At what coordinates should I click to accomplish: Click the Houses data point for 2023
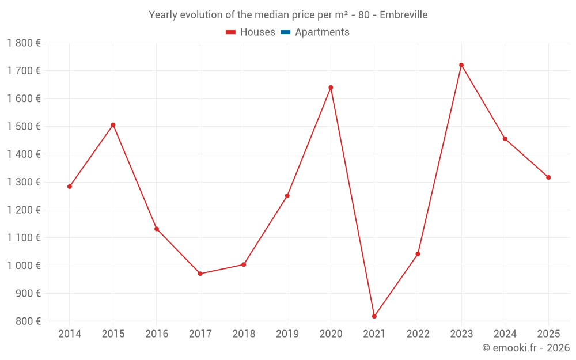461,65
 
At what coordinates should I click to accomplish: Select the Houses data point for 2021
374,316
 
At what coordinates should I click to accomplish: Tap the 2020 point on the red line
331,88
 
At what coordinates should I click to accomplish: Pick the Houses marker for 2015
113,125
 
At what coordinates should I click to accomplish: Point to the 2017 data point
200,274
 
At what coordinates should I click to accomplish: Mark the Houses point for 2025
548,177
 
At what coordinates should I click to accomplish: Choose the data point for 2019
287,196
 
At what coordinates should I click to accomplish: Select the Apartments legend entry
321,32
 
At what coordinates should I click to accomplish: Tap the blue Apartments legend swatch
285,32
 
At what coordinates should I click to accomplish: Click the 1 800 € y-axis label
24,43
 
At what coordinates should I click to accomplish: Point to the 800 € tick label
28,321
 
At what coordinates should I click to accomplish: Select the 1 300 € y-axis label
24,182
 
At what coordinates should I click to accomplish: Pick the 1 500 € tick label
24,126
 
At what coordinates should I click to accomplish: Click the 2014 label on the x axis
70,334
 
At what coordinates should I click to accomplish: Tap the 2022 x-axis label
418,334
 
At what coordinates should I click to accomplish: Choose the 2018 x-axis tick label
244,334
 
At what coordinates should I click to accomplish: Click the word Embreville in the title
403,15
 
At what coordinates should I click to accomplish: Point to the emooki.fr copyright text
525,348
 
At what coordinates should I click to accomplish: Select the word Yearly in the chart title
163,15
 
